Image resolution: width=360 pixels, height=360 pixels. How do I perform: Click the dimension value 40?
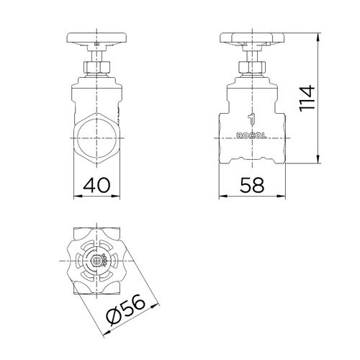96,185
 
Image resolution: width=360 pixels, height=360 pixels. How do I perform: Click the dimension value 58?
252,185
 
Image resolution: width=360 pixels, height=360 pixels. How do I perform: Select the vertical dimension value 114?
307,99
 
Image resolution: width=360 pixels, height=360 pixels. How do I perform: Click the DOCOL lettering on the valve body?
251,136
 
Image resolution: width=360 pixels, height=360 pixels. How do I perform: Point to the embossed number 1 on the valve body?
251,120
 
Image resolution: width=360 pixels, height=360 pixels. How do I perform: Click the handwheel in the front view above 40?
96,38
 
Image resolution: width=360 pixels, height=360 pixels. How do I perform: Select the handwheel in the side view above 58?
252,38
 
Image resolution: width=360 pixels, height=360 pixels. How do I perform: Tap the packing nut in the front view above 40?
96,67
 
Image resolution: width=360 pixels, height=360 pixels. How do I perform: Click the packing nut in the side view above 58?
252,67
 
